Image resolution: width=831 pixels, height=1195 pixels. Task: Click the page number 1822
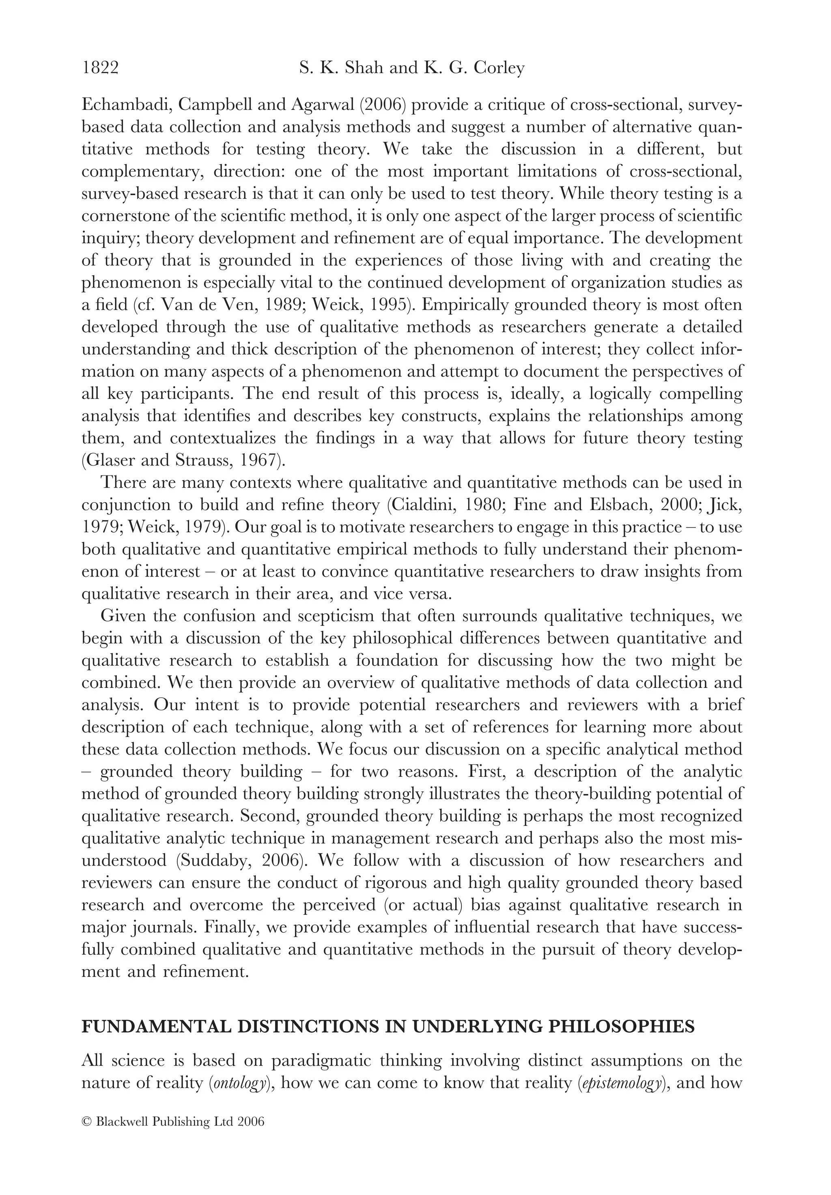tap(101, 68)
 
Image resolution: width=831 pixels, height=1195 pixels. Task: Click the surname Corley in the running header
tap(499, 68)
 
